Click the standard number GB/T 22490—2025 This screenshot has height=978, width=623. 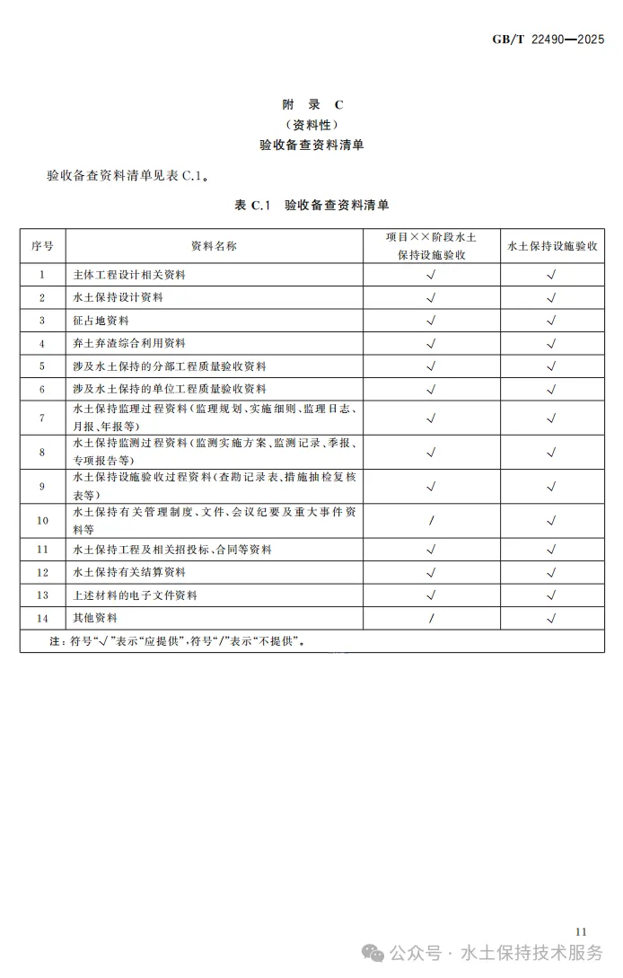(x=548, y=40)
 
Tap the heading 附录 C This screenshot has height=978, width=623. (x=311, y=104)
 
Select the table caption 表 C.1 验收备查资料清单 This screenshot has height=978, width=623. (x=311, y=205)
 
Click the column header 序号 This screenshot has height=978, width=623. (x=42, y=245)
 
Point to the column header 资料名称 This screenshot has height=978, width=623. (x=214, y=245)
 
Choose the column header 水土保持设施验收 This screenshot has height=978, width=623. (x=552, y=245)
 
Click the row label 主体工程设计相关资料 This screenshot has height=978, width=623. (x=129, y=275)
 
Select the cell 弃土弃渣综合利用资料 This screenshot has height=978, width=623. (x=129, y=343)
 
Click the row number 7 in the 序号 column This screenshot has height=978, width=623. (x=42, y=418)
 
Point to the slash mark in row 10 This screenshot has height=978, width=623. (x=432, y=521)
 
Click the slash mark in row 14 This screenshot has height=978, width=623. (x=432, y=618)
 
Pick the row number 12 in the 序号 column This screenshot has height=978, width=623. (x=42, y=572)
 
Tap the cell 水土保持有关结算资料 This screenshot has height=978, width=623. (x=129, y=572)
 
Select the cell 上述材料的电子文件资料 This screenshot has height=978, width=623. (x=135, y=595)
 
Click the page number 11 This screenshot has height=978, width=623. (x=580, y=931)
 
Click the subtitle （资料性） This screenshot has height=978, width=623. (x=311, y=124)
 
